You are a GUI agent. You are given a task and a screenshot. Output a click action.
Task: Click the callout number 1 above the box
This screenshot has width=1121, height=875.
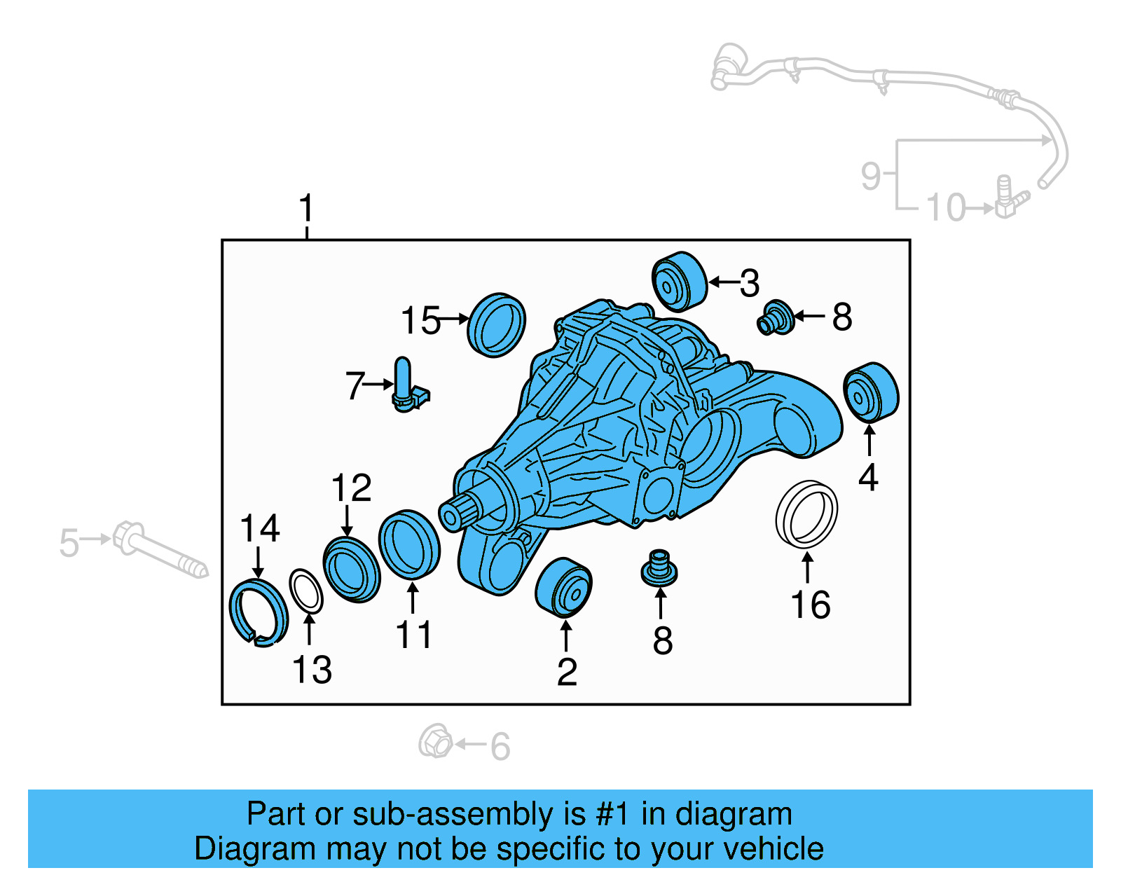coord(306,209)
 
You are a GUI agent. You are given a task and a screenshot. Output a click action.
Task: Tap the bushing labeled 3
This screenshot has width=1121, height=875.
coord(678,281)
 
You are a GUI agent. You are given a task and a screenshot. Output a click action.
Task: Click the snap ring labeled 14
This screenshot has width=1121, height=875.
coord(258,613)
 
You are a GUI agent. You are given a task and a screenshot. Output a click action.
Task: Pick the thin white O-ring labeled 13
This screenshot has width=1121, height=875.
coord(306,591)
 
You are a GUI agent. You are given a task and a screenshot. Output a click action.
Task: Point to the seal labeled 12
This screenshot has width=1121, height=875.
coord(352,570)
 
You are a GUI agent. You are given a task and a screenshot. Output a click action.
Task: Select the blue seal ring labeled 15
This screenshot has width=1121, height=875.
coord(496,325)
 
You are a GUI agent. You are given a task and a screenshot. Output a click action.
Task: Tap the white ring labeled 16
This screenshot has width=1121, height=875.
coord(806,514)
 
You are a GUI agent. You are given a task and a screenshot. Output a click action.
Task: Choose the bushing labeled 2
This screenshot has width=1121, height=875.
coord(563,588)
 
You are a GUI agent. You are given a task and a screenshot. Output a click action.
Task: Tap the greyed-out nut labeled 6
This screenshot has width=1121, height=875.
coord(436,741)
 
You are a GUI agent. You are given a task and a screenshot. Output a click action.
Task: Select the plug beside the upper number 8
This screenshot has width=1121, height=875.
coord(776,318)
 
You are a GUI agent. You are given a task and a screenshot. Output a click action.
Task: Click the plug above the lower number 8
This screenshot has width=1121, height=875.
coord(659,568)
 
